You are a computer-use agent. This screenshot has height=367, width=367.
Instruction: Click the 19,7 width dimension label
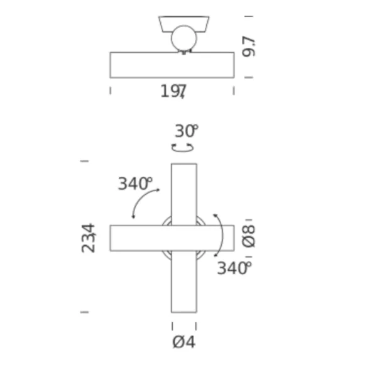coord(173,92)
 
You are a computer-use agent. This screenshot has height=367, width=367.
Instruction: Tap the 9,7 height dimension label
coord(249,47)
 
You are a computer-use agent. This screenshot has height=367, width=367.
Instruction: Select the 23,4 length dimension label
coord(88,238)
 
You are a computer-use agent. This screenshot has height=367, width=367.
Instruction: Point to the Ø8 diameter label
coord(248,236)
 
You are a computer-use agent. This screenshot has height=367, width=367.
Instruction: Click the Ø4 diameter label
coord(183,342)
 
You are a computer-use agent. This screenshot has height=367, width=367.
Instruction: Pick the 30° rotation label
coord(187,131)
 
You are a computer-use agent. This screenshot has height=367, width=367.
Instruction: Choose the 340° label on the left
coord(135,183)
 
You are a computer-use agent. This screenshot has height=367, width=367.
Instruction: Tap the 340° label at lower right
coord(234,268)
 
